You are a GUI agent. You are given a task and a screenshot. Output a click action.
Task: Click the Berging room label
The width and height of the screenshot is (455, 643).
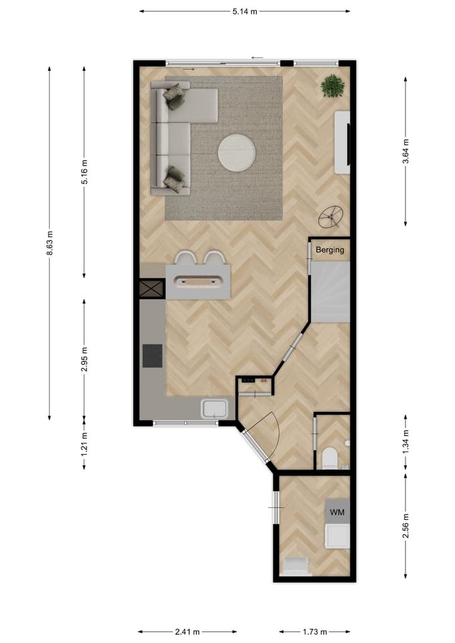[330, 251]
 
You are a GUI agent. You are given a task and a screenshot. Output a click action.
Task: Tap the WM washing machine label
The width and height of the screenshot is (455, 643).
[337, 512]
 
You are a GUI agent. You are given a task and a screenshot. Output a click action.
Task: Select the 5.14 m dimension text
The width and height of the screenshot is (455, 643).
[245, 11]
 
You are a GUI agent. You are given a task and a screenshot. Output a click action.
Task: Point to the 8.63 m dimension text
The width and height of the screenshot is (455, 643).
[50, 243]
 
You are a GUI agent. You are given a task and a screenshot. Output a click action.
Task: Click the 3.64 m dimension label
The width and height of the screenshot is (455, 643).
[406, 152]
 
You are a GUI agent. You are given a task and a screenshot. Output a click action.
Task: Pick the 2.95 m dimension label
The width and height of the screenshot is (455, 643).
[84, 359]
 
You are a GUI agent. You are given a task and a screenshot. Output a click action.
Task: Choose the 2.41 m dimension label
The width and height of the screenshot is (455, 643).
[187, 632]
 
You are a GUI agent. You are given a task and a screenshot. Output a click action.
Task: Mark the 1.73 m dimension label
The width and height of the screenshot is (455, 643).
[314, 632]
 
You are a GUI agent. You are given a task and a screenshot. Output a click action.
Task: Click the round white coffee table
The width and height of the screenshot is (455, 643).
[236, 153]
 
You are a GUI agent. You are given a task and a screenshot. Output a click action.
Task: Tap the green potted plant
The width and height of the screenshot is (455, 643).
[332, 86]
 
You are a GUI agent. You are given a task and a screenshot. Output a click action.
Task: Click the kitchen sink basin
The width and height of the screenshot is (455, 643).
[215, 408]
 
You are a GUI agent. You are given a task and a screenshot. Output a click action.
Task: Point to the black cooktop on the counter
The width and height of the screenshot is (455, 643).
[152, 356]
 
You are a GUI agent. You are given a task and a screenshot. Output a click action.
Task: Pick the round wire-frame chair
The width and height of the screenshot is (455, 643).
[330, 216]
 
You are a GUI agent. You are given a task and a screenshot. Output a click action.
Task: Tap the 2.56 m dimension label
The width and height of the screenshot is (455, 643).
[406, 526]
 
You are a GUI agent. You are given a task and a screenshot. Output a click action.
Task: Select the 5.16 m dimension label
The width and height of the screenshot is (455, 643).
[84, 172]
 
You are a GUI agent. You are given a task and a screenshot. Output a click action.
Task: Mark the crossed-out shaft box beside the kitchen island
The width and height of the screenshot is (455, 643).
[151, 289]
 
